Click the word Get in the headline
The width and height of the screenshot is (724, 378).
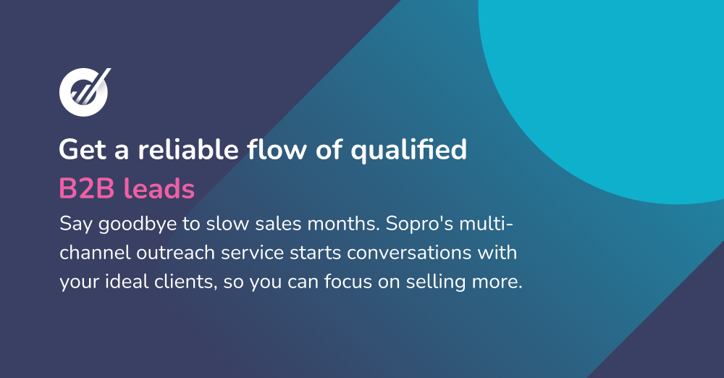tap(78, 151)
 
